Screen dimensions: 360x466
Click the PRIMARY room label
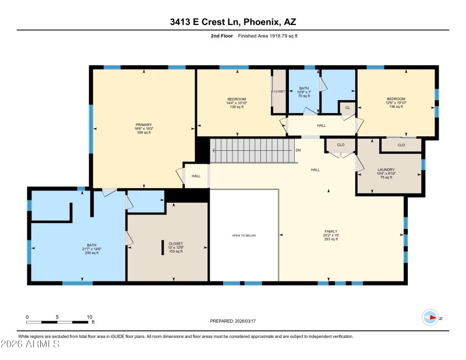tap(144, 125)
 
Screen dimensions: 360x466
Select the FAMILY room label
tap(331, 231)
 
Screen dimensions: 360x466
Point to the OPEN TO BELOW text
tap(244, 235)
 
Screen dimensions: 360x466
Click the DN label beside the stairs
tap(298, 151)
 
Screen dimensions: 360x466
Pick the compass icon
tap(430, 317)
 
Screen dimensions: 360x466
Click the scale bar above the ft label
tap(58, 322)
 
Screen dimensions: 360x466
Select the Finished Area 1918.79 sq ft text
tap(267, 36)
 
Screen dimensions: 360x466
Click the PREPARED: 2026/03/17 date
tap(232, 321)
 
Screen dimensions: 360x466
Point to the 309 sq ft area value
tap(144, 133)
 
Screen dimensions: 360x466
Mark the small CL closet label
tap(348, 108)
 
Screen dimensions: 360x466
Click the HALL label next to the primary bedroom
tap(196, 175)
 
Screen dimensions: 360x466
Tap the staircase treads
tap(250, 151)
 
